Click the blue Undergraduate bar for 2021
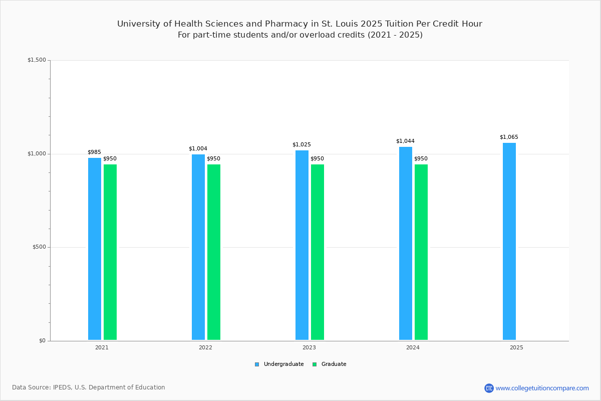pos(95,249)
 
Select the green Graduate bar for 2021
pos(110,252)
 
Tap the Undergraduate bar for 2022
pos(198,247)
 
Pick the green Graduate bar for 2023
pos(318,252)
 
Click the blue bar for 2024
pos(406,244)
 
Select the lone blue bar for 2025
pos(509,242)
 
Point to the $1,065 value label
pos(509,137)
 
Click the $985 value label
pos(94,152)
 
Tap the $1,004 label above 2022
pos(198,149)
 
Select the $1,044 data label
pos(405,141)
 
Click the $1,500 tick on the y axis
pos(37,60)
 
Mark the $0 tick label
pos(42,341)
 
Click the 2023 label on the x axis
pos(309,347)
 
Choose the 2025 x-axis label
pos(516,347)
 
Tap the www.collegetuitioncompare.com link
pos(542,388)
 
